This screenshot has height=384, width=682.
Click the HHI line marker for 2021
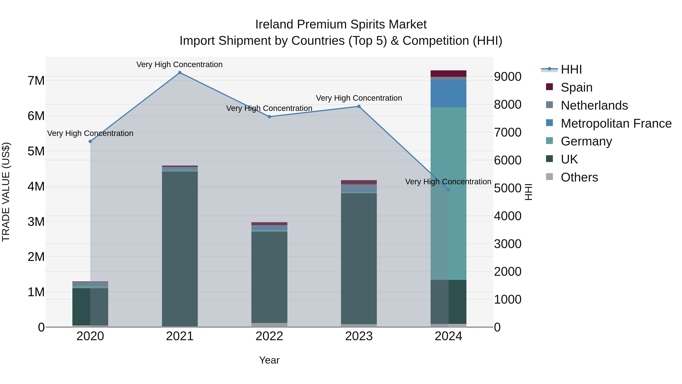(x=180, y=73)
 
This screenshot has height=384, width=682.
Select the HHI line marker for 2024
(x=448, y=190)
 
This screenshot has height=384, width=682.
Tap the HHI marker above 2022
(x=269, y=117)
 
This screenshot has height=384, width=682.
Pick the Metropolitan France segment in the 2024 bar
(x=448, y=93)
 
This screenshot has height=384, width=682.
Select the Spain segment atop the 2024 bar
(x=448, y=73)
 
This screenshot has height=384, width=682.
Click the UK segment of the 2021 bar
(x=180, y=249)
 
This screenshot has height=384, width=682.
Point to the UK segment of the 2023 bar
(x=359, y=258)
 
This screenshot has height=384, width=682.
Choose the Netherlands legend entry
(x=594, y=105)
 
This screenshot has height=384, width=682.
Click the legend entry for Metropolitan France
(x=616, y=123)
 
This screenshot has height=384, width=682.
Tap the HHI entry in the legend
(x=571, y=69)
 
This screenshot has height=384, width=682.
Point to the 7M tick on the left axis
(x=36, y=81)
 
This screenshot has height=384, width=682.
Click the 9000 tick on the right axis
(x=508, y=77)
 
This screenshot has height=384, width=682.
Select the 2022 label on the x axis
(x=269, y=336)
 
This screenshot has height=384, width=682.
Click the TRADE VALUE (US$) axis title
(x=6, y=192)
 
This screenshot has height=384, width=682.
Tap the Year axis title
(x=269, y=360)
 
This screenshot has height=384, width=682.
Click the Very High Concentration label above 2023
(x=359, y=98)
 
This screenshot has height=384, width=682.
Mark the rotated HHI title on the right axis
(x=528, y=192)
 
